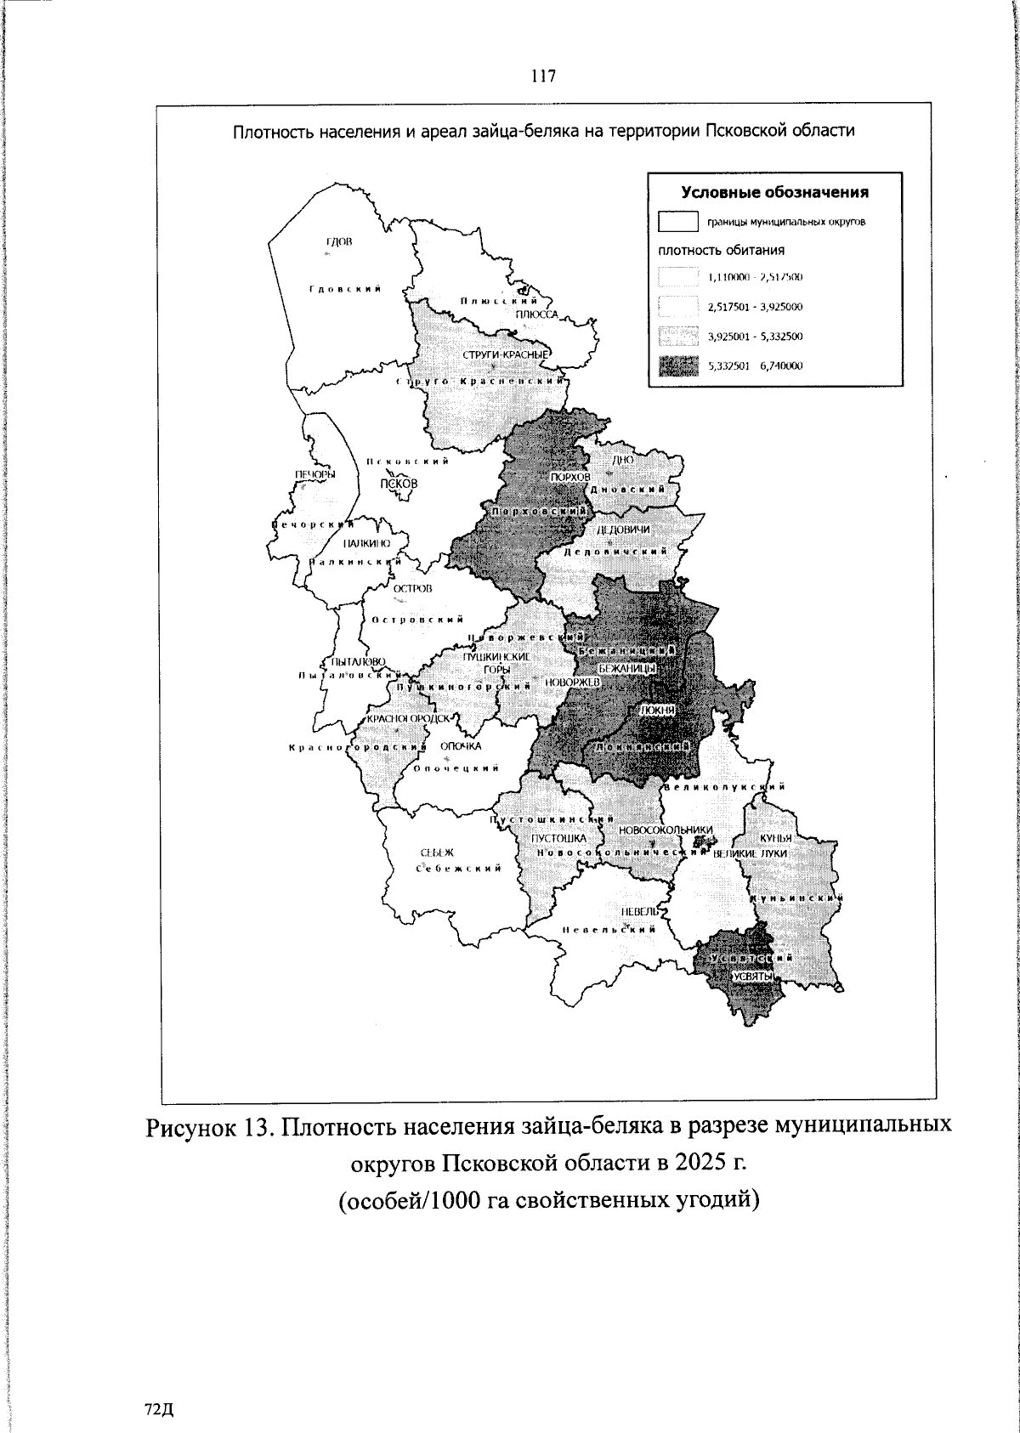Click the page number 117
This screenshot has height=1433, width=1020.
coord(543,76)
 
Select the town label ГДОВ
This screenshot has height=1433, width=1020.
coord(338,242)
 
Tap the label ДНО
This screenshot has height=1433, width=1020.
coord(623,459)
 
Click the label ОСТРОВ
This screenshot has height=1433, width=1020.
coord(412,588)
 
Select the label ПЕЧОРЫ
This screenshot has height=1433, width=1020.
coord(314,474)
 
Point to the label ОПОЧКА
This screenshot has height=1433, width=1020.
coord(461,746)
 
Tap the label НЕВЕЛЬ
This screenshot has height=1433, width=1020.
coord(639,911)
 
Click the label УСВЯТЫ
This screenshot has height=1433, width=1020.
coord(751,977)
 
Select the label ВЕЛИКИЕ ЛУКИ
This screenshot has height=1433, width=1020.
coord(751,852)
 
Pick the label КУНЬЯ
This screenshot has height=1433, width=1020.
coord(776,838)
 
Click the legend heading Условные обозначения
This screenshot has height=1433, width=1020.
coord(775,192)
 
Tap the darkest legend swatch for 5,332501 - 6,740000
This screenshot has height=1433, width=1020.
coord(678,366)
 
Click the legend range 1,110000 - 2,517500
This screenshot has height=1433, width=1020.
coord(756,278)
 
